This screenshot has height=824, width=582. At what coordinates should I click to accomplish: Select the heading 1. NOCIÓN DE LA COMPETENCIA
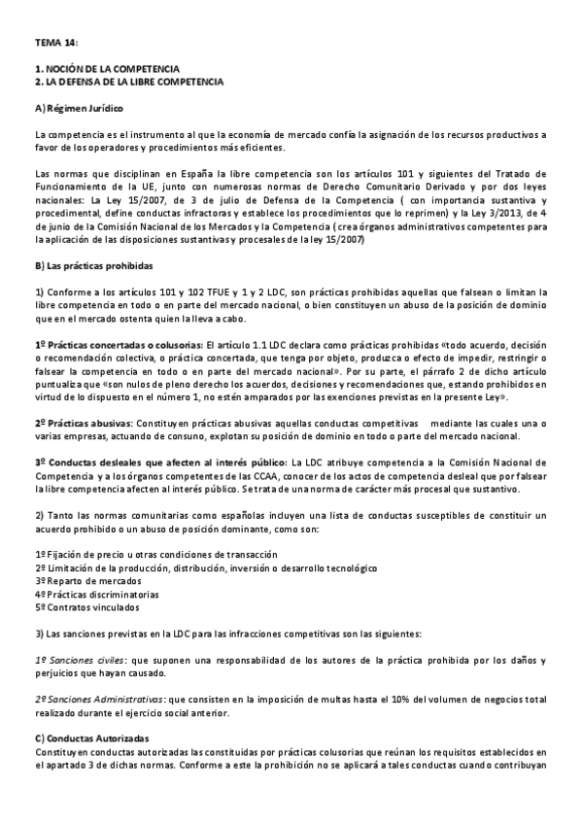tap(106, 70)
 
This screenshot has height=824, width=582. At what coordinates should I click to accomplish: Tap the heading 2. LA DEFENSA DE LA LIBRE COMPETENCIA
tap(128, 82)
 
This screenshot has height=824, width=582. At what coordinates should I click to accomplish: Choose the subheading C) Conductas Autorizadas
tap(91, 739)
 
